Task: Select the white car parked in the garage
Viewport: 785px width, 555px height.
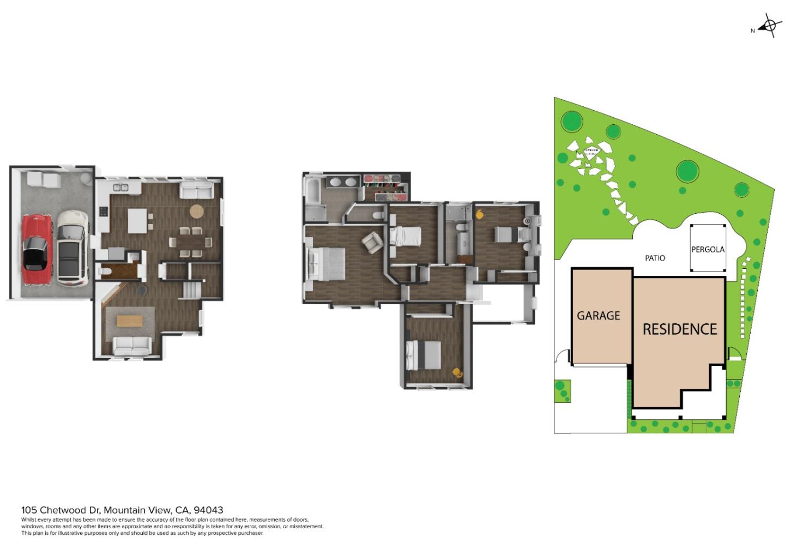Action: pyautogui.click(x=73, y=248)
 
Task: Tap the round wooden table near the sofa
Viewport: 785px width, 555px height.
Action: pyautogui.click(x=196, y=210)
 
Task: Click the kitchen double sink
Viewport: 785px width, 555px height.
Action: pyautogui.click(x=120, y=188)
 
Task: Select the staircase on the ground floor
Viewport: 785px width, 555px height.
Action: pyautogui.click(x=191, y=289)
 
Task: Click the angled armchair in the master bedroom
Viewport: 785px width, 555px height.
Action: pyautogui.click(x=372, y=242)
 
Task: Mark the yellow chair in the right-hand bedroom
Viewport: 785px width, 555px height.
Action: pyautogui.click(x=480, y=214)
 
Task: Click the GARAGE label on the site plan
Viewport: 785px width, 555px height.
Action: pyautogui.click(x=599, y=316)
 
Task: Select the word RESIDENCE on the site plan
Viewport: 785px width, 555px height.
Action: pyautogui.click(x=679, y=329)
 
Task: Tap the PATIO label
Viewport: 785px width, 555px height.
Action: pyautogui.click(x=655, y=258)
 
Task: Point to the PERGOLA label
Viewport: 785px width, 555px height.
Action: pyautogui.click(x=708, y=250)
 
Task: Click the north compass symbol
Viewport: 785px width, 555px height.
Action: pyautogui.click(x=769, y=26)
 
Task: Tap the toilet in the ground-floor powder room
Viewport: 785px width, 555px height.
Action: pyautogui.click(x=106, y=270)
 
